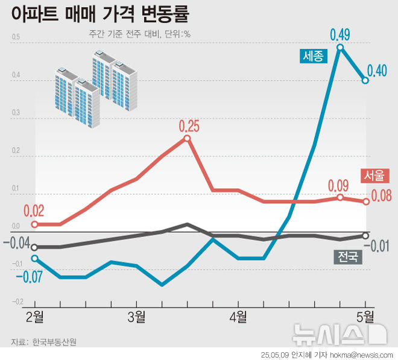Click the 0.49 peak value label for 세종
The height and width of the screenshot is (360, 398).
click(340, 34)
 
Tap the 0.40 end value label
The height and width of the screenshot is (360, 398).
click(377, 71)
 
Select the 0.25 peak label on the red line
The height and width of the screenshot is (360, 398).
click(189, 126)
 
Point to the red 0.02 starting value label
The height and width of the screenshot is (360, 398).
click(34, 211)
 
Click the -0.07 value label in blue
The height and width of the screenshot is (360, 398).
click(28, 277)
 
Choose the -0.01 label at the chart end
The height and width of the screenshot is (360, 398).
click(380, 245)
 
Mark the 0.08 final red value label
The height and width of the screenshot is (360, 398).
click(381, 195)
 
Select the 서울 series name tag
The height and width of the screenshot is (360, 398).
click(373, 175)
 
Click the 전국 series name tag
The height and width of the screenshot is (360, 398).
click(347, 257)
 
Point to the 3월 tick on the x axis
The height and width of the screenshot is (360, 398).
click(136, 315)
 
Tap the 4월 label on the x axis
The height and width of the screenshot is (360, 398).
click(238, 315)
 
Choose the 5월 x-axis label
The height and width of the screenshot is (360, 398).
click(365, 315)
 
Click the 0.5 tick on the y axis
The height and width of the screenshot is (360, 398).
click(15, 38)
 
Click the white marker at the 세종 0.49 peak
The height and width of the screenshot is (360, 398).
click(340, 47)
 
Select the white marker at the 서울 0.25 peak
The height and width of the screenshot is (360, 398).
click(187, 138)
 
